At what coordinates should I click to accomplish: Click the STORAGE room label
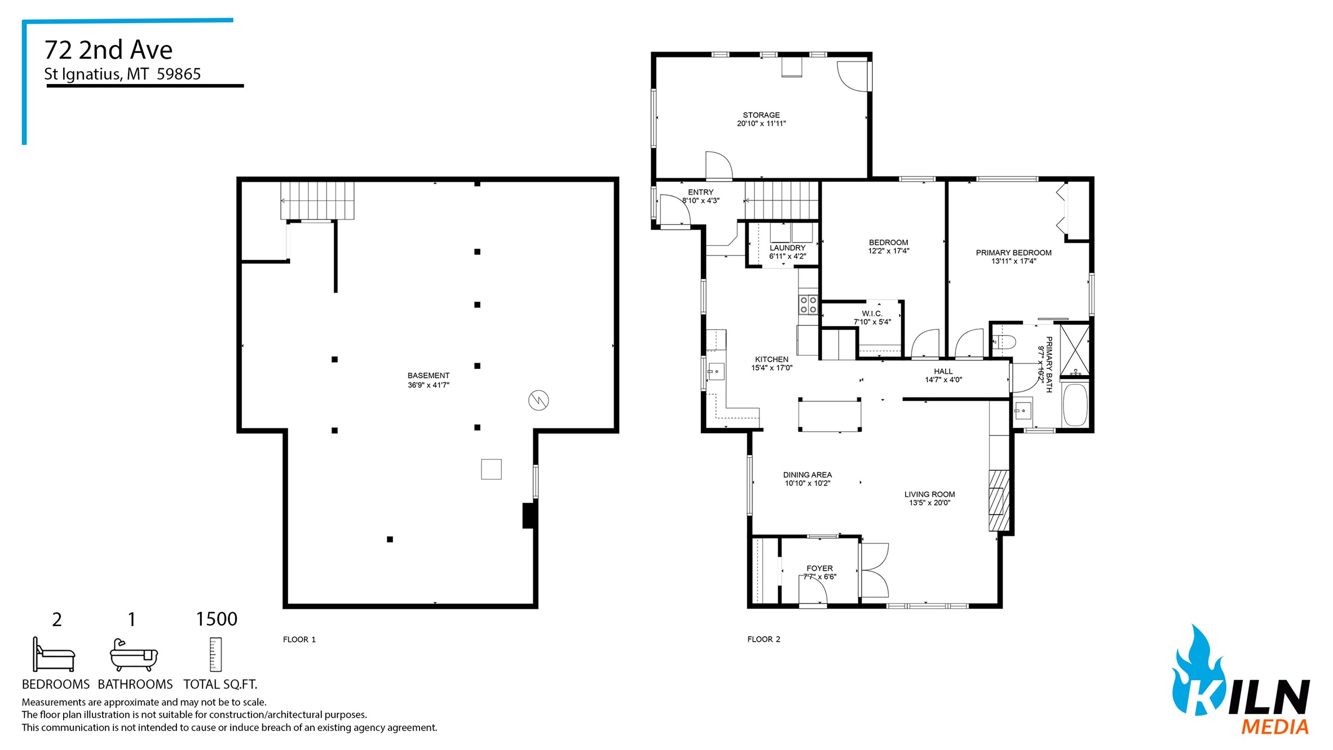[761, 115]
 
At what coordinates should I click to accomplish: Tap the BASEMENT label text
[429, 376]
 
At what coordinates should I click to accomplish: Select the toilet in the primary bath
[1004, 342]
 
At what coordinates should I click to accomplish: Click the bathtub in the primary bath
[1075, 405]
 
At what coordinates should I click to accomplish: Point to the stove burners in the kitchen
[809, 305]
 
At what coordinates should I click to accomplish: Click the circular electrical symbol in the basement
[539, 400]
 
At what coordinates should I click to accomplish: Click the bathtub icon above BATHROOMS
[134, 655]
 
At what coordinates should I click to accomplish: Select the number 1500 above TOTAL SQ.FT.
[217, 619]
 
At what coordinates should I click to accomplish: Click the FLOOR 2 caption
[763, 639]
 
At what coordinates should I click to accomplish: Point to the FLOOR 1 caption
[299, 639]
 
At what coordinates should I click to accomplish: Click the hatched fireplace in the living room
[999, 500]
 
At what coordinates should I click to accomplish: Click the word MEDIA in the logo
[1275, 726]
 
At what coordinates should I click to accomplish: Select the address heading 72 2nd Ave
[108, 50]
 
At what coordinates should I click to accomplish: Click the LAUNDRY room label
[787, 248]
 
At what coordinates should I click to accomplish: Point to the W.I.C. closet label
[872, 314]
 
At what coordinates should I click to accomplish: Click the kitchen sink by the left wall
[716, 372]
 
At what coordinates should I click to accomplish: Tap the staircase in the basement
[317, 200]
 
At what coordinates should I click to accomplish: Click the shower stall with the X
[1075, 350]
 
